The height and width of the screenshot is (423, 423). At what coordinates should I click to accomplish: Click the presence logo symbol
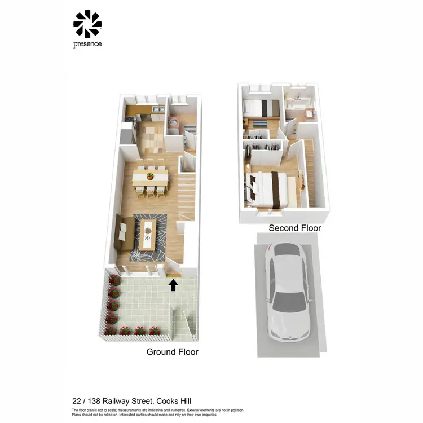[87, 24]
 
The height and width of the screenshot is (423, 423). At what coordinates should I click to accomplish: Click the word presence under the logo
[87, 44]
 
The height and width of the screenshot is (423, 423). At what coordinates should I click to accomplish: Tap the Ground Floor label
[172, 351]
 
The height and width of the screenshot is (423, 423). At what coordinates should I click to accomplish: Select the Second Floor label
[294, 228]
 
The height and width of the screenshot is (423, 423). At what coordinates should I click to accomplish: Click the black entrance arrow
[173, 285]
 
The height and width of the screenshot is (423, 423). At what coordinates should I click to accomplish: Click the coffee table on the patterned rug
[148, 232]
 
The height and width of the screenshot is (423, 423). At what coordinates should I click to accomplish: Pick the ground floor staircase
[188, 192]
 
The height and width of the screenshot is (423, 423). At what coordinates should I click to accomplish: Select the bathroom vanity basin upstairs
[309, 114]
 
